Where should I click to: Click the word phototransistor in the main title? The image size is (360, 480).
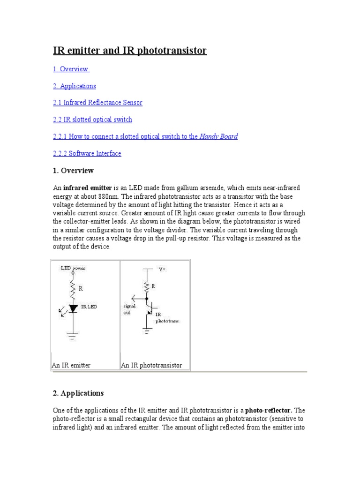[x=172, y=51]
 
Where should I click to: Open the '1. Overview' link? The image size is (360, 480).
[x=71, y=69]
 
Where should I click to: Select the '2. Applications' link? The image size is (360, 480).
[x=75, y=86]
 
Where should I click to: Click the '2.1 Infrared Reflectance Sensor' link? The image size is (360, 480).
[x=97, y=103]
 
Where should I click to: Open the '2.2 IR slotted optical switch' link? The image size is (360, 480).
[x=92, y=120]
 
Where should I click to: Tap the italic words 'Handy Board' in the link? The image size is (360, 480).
[x=218, y=136]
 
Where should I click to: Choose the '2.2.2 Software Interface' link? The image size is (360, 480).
[x=87, y=153]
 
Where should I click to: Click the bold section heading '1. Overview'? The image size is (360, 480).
[x=73, y=171]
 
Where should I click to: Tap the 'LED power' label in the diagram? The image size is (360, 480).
[x=73, y=268]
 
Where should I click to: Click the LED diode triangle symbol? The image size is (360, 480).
[x=73, y=308]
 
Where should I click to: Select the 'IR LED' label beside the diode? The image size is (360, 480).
[x=89, y=307]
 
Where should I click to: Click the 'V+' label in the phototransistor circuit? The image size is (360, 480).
[x=162, y=270]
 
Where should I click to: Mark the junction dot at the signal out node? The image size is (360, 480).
[x=147, y=298]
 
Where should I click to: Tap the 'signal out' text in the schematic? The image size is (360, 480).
[x=129, y=308]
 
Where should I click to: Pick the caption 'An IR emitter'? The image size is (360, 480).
[x=71, y=365]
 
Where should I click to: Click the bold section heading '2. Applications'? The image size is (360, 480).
[x=78, y=393]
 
